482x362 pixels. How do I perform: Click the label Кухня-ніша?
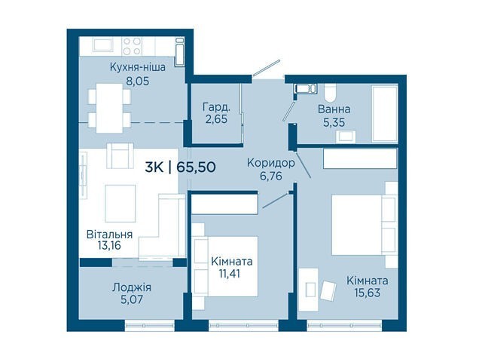click(137, 67)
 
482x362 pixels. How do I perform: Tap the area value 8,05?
click(137, 81)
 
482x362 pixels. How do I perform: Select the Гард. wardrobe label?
click(216, 107)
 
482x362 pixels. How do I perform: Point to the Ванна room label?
click(334, 109)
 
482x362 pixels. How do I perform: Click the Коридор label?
click(271, 163)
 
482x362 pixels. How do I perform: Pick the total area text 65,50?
click(196, 167)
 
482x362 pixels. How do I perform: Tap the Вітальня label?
click(109, 235)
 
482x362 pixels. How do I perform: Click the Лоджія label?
click(132, 288)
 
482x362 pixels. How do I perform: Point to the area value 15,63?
click(368, 293)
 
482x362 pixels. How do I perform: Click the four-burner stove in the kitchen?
click(132, 46)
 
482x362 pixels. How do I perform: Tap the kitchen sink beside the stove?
click(103, 45)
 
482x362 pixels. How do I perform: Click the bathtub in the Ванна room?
click(385, 114)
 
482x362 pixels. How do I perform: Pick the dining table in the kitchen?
click(109, 108)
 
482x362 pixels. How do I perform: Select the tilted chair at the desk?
click(328, 290)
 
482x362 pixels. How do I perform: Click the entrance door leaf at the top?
click(266, 67)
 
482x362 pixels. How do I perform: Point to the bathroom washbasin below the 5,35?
click(346, 137)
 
